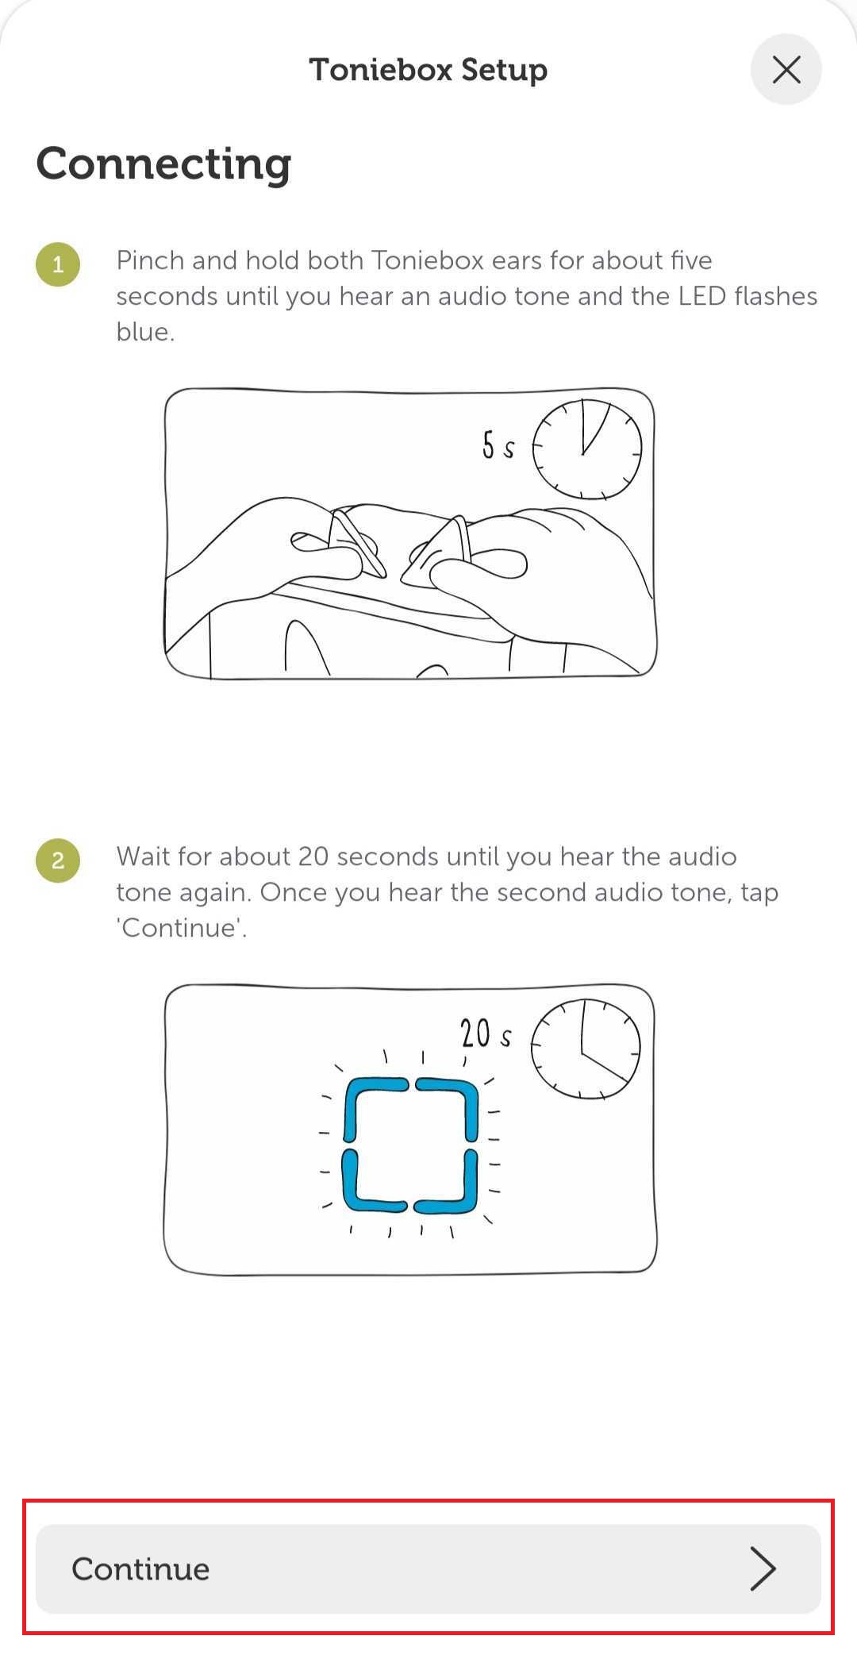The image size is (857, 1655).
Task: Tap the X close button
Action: pos(786,70)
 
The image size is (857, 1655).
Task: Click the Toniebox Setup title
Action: pos(428,70)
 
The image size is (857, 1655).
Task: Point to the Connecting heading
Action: pos(164,164)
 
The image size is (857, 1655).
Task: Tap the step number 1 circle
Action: pos(58,264)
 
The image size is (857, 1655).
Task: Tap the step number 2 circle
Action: pos(58,860)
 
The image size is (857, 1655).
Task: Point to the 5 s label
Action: pos(498,445)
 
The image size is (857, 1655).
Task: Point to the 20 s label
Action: pos(486,1033)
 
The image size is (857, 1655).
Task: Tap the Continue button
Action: pos(428,1568)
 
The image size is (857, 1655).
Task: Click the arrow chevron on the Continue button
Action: pos(763,1568)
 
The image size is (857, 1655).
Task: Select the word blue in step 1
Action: pos(145,332)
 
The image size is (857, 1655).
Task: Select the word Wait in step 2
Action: pos(144,856)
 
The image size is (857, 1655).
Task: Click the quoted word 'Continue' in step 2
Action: pos(182,928)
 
